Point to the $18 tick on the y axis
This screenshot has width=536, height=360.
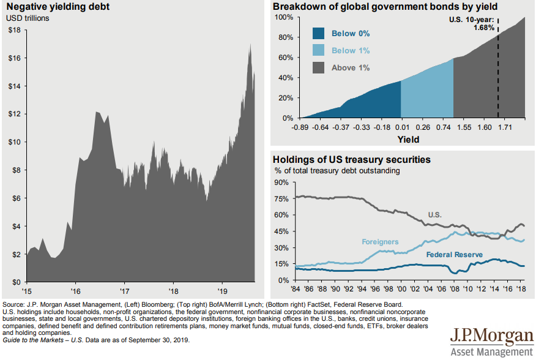[13, 30]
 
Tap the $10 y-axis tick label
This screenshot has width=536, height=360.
[13, 142]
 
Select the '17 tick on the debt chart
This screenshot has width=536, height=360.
[124, 291]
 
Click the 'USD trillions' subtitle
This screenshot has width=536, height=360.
[28, 18]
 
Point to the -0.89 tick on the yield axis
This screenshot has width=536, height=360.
[300, 127]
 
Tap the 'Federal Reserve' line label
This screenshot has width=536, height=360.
[455, 254]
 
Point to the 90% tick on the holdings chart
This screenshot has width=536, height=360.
[282, 182]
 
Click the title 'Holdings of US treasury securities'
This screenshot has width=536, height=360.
[352, 160]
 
